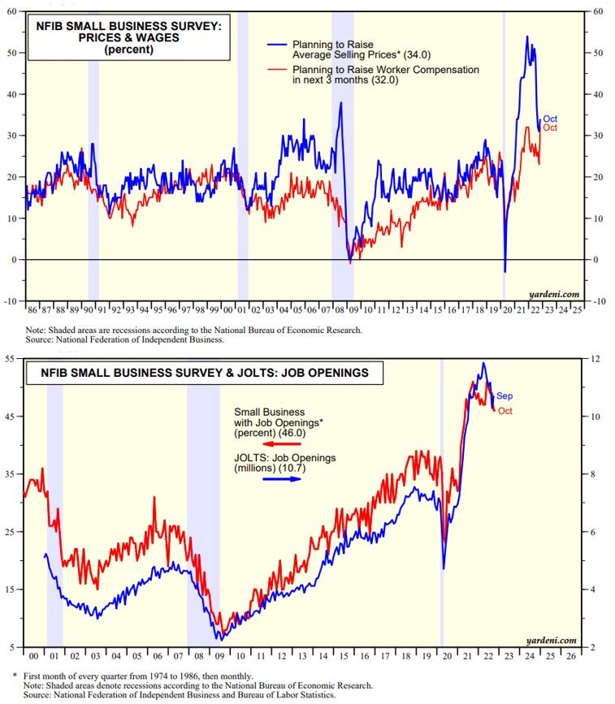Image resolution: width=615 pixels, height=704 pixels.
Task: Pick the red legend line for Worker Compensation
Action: point(251,70)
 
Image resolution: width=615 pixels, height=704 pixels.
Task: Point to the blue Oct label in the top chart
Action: point(550,119)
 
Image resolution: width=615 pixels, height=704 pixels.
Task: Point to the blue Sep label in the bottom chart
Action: point(505,396)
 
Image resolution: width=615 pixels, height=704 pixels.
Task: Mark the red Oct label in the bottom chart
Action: point(505,411)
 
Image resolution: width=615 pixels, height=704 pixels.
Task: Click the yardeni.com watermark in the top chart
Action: point(556,293)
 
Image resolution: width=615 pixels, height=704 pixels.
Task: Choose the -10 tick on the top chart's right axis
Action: point(598,300)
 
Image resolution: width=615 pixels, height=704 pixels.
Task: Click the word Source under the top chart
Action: point(41,340)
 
